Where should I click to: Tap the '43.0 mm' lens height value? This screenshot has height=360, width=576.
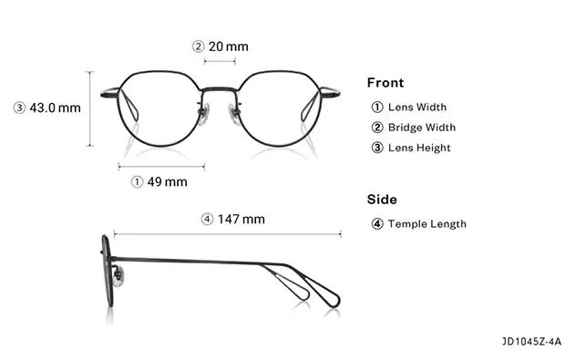coord(56,108)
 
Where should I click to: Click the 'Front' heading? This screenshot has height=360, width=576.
coord(386,83)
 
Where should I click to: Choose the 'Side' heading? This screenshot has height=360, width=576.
coord(382,200)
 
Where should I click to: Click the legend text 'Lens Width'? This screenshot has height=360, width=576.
coord(417,108)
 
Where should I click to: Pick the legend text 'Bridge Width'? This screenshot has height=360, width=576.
coord(422,128)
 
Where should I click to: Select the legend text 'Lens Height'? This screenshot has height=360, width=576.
coord(419,148)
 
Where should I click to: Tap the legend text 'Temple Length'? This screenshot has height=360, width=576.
coord(427,224)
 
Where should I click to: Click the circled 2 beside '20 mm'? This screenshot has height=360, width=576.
coord(198,46)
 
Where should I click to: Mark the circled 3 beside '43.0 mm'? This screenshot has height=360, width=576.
coord(19,108)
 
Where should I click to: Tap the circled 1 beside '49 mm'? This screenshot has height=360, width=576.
coord(137,181)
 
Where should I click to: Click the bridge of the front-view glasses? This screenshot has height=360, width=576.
coord(220,89)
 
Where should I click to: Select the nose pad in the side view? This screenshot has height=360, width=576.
coord(118,273)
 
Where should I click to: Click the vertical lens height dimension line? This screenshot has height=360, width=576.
coord(89,108)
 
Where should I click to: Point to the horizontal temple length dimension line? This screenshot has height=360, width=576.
coord(227,234)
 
